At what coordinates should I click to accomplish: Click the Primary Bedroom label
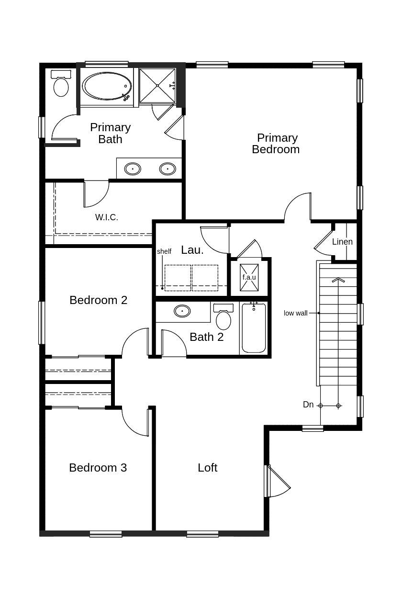pyautogui.click(x=276, y=144)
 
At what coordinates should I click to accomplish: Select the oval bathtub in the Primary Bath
pyautogui.click(x=108, y=86)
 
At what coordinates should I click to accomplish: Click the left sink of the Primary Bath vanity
pyautogui.click(x=133, y=169)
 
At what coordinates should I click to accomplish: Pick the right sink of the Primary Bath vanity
pyautogui.click(x=167, y=169)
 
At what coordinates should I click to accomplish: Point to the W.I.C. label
pyautogui.click(x=106, y=217)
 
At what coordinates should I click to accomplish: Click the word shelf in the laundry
pyautogui.click(x=164, y=251)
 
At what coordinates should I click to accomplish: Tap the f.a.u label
pyautogui.click(x=249, y=277)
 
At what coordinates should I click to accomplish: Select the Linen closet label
pyautogui.click(x=342, y=242)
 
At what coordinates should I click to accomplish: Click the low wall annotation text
pyautogui.click(x=295, y=313)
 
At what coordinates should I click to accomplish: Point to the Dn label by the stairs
pyautogui.click(x=308, y=405)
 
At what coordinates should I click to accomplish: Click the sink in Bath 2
pyautogui.click(x=182, y=311)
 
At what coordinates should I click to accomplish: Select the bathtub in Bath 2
pyautogui.click(x=254, y=328)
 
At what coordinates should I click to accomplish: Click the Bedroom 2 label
pyautogui.click(x=98, y=300)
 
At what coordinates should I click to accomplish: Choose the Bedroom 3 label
pyautogui.click(x=98, y=468)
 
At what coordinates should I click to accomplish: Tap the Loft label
pyautogui.click(x=207, y=468)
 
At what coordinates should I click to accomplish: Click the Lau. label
pyautogui.click(x=192, y=250)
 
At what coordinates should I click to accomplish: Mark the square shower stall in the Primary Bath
pyautogui.click(x=157, y=86)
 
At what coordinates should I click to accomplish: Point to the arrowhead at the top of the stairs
pyautogui.click(x=338, y=280)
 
